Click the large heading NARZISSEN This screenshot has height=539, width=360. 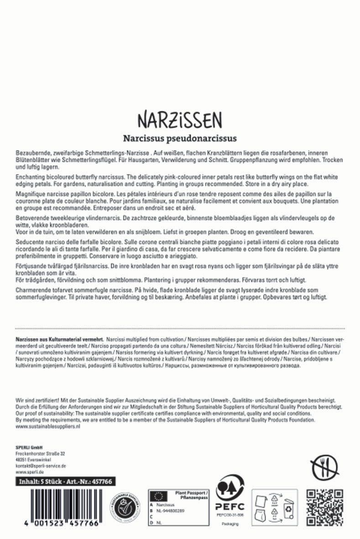pyautogui.click(x=179, y=120)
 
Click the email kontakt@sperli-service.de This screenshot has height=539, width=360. pyautogui.click(x=41, y=466)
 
